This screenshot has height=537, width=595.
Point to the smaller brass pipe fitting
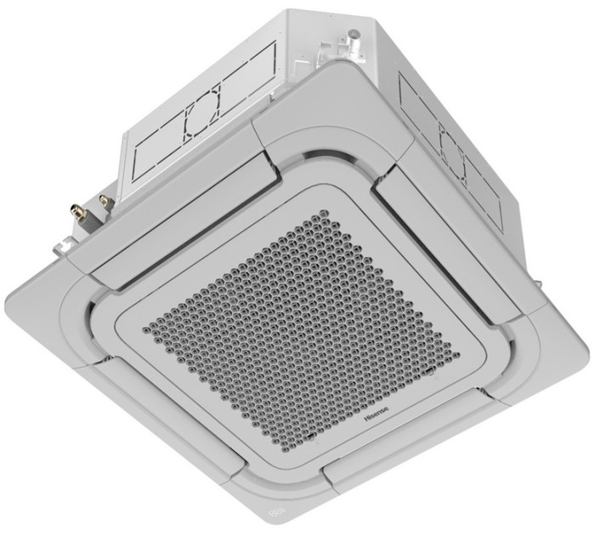(x=105, y=200)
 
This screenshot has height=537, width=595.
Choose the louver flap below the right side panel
(x=442, y=238)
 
